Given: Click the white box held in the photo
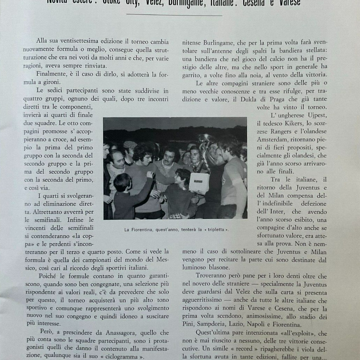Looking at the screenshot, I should point(199,183).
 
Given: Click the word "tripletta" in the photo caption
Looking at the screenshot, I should point(215,230).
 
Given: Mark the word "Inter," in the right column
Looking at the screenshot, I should point(283,212).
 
